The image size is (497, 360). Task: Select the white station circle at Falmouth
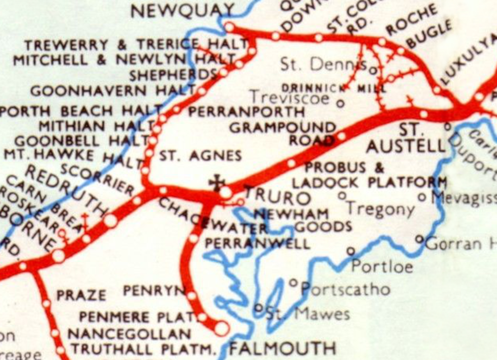coord(221,328)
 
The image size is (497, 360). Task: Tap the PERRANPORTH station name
coord(246,112)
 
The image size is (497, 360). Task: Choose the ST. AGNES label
coord(201,156)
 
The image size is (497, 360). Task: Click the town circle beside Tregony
coord(342,195)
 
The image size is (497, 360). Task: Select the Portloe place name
coord(382,267)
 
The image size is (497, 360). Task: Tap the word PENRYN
coord(154,290)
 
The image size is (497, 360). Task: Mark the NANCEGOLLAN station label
coord(129,334)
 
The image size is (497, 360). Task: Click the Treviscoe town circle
coord(340,104)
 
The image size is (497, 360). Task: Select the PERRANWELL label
coord(257,244)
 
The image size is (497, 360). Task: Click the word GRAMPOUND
coord(282,127)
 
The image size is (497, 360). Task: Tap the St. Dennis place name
coord(323,65)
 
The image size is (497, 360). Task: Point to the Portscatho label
coord(346,290)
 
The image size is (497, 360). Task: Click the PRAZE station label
coord(81,295)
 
